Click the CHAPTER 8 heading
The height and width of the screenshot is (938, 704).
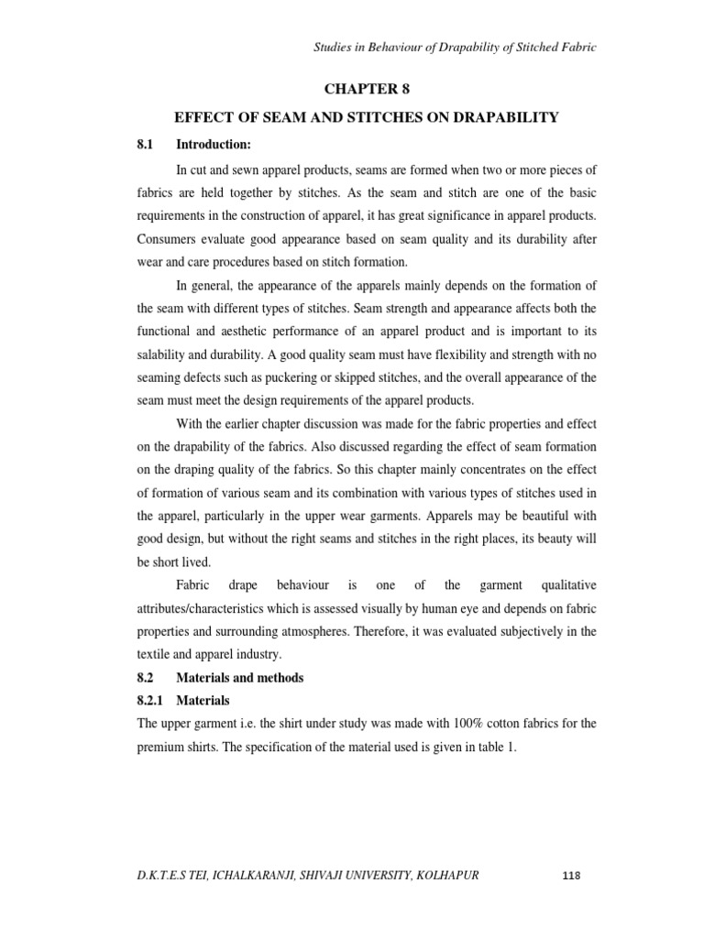[x=364, y=89]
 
